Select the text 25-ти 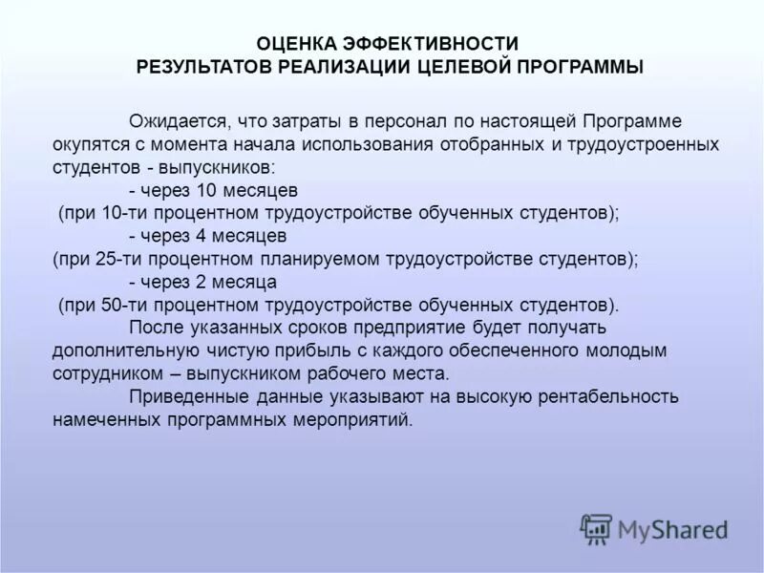116,258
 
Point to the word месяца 242,283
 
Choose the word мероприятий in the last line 356,419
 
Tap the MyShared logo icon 596,527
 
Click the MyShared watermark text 672,529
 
